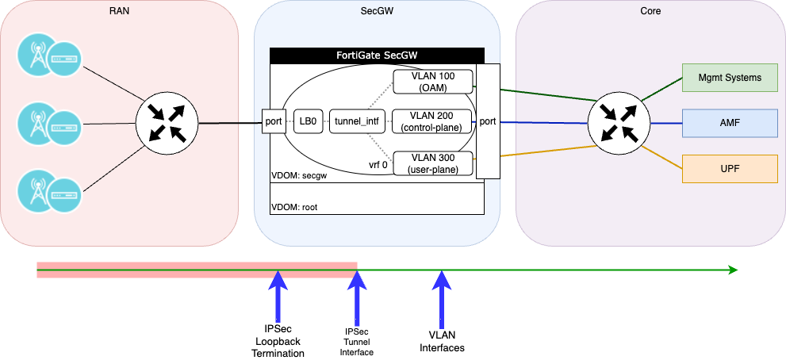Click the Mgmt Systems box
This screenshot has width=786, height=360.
(x=730, y=78)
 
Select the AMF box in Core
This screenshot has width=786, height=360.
(x=730, y=123)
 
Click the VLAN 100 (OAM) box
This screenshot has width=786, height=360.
(x=433, y=81)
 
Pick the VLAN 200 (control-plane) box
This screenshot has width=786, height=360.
(x=433, y=122)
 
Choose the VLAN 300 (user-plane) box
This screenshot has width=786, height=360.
(x=433, y=163)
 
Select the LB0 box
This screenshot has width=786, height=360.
(x=306, y=122)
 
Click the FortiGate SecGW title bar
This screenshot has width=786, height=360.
(x=377, y=56)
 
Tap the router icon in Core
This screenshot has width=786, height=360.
(x=619, y=123)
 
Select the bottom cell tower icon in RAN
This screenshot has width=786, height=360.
(x=36, y=190)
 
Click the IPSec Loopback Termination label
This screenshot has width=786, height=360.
(x=278, y=341)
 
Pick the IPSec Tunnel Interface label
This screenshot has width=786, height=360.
(x=358, y=341)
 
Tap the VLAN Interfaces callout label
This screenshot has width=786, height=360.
(x=442, y=341)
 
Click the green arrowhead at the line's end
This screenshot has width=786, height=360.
(x=733, y=270)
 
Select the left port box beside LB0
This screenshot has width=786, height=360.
(x=274, y=122)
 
